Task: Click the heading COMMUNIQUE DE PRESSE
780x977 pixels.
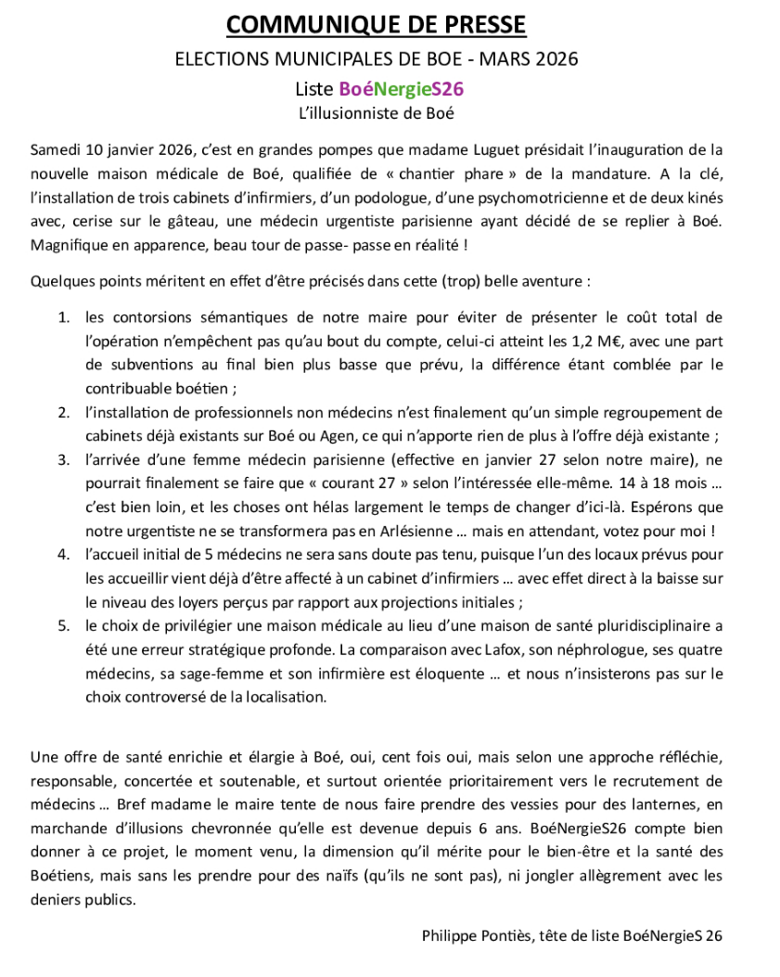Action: tap(376, 24)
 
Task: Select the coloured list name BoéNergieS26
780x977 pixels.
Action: tap(401, 89)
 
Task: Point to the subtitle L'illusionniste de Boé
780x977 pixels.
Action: tap(376, 114)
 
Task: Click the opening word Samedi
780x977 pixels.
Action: tap(55, 149)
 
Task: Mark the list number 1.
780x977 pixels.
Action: tap(64, 317)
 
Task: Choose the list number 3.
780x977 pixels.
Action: tap(64, 459)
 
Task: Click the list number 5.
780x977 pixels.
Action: tap(64, 626)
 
